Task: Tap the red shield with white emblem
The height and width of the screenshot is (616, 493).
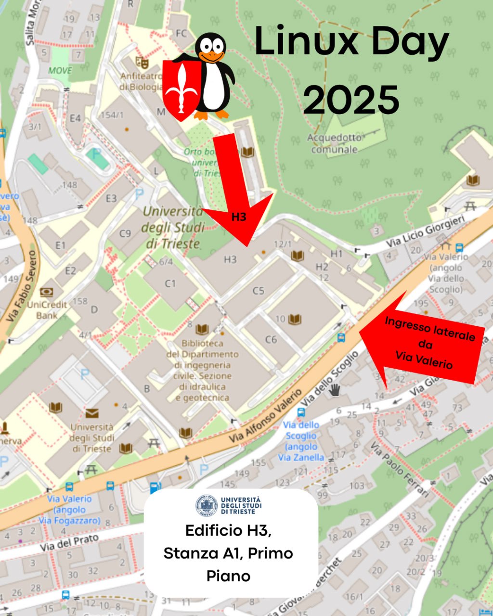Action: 182,89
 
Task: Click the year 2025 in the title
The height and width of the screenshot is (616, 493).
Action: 351,99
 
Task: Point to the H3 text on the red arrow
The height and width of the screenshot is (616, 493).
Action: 239,217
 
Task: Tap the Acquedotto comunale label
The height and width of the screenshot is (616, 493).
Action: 335,143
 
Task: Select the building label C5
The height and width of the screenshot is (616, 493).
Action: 259,291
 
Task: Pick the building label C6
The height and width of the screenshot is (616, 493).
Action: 271,339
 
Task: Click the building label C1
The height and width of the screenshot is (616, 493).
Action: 171,283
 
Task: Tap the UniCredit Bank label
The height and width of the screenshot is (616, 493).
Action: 47,309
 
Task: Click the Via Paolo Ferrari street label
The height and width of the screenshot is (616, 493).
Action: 399,470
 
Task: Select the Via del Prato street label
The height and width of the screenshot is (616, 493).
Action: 69,542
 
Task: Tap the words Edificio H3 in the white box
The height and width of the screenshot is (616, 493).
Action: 228,530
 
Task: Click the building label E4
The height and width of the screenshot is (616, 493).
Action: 76,118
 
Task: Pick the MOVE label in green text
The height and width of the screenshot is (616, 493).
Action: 60,71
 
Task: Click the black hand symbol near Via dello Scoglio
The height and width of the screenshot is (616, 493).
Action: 335,389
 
